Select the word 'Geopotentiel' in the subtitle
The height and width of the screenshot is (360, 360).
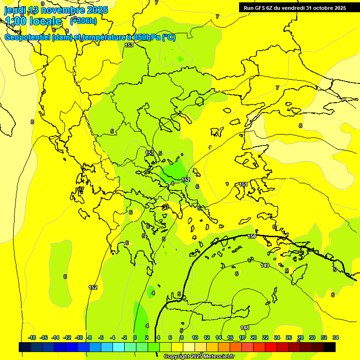click(27, 37)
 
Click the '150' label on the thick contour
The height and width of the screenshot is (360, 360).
click(252, 236)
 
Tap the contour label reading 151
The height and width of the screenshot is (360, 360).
click(243, 185)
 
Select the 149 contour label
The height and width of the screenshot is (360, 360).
click(265, 265)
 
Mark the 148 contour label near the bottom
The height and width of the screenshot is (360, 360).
click(245, 328)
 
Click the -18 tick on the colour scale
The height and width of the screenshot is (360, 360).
click(32, 337)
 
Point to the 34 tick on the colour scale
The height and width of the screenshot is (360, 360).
click(336, 337)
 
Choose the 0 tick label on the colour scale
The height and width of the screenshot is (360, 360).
click(135, 337)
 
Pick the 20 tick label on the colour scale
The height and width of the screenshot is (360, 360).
click(254, 337)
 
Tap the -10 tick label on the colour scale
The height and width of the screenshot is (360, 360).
click(79, 337)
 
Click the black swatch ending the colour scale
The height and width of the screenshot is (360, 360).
click(330, 347)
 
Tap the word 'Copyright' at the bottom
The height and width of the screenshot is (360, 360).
click(177, 356)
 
